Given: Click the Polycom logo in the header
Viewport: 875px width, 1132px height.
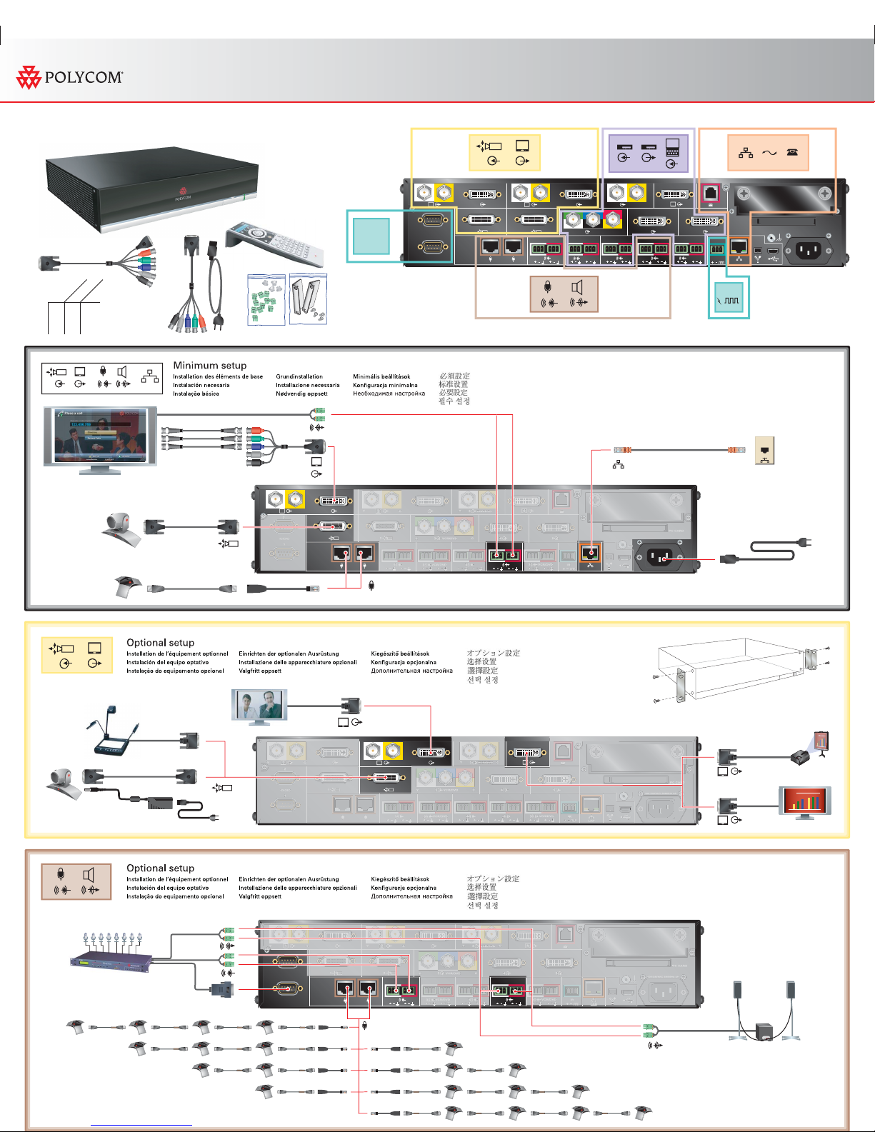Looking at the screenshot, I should pos(69,77).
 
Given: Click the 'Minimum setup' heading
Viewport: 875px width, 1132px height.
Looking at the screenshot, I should pos(209,365).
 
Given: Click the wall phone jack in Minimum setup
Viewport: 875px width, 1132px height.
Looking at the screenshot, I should pos(765,450).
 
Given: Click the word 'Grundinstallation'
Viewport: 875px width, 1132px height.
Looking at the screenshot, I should pos(299,376).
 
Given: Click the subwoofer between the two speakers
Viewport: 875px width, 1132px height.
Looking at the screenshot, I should pos(764,1031).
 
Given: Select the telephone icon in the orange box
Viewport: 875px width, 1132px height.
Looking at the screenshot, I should pos(792,152).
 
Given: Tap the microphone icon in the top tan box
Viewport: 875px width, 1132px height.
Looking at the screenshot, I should pos(548,287).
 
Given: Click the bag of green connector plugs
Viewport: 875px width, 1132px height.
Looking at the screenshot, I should pos(266,299).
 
